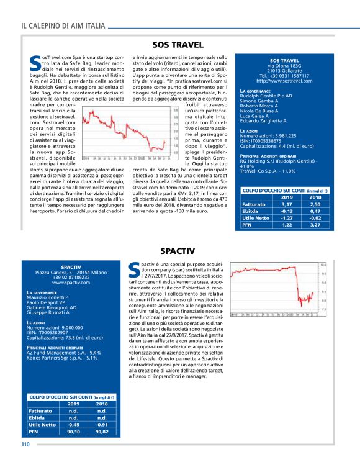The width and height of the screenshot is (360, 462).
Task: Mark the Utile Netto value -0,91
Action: pyautogui.click(x=103, y=423)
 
